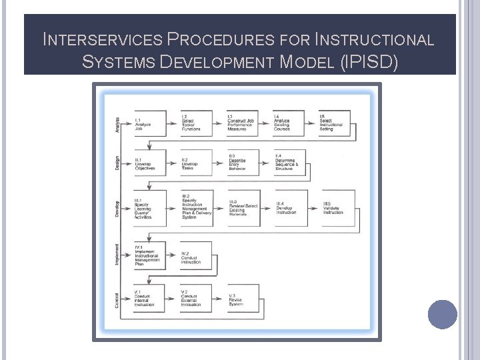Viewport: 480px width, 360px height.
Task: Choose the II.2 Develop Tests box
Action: pyautogui.click(x=196, y=163)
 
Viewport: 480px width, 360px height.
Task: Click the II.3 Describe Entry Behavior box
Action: pyautogui.click(x=242, y=163)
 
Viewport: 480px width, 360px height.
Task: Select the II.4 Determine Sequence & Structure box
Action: pyautogui.click(x=289, y=163)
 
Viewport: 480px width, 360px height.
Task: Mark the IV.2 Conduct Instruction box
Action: pyautogui.click(x=196, y=257)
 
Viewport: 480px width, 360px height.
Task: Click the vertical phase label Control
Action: pyautogui.click(x=118, y=298)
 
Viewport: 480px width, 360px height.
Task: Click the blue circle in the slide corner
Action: pyautogui.click(x=443, y=314)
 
